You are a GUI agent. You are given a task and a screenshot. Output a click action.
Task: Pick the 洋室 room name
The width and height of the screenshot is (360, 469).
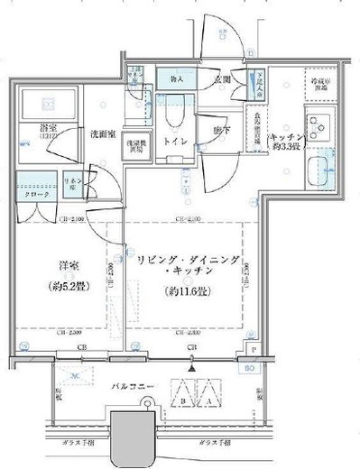pyautogui.click(x=66, y=267)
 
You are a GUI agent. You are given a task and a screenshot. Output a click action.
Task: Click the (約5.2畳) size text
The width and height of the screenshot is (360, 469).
pyautogui.click(x=66, y=290)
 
